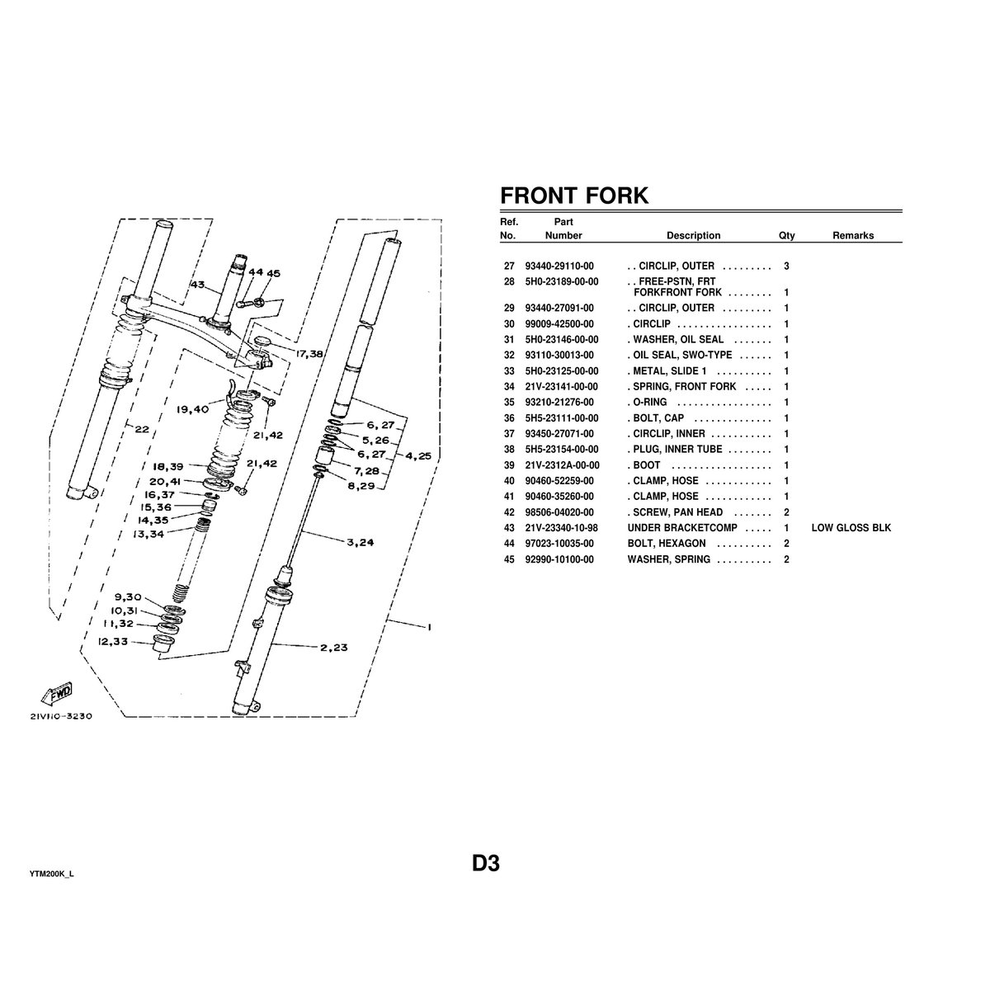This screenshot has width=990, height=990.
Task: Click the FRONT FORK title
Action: point(574,196)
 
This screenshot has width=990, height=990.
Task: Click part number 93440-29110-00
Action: point(559,266)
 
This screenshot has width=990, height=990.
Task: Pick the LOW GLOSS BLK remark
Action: point(851,528)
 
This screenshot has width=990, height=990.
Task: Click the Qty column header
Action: point(786,236)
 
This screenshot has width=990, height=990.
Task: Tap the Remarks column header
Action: point(852,236)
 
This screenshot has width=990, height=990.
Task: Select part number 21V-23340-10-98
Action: point(562,528)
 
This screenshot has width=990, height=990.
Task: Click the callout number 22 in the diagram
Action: point(142,429)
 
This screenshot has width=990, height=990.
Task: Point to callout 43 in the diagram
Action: point(197,285)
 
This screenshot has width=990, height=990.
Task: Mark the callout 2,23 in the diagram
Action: point(334,648)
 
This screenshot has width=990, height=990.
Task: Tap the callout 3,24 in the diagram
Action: point(361,542)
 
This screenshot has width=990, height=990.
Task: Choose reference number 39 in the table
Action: point(508,465)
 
